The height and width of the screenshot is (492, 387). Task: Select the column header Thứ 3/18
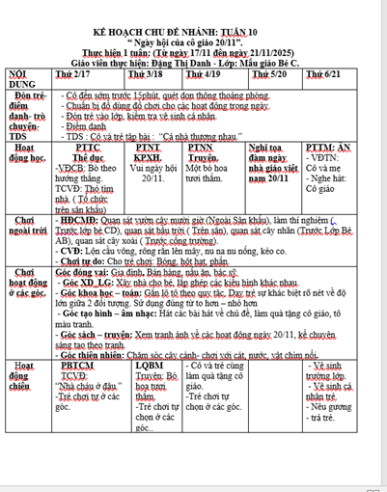(x=146, y=73)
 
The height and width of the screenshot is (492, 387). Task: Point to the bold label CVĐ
(x=74, y=249)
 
